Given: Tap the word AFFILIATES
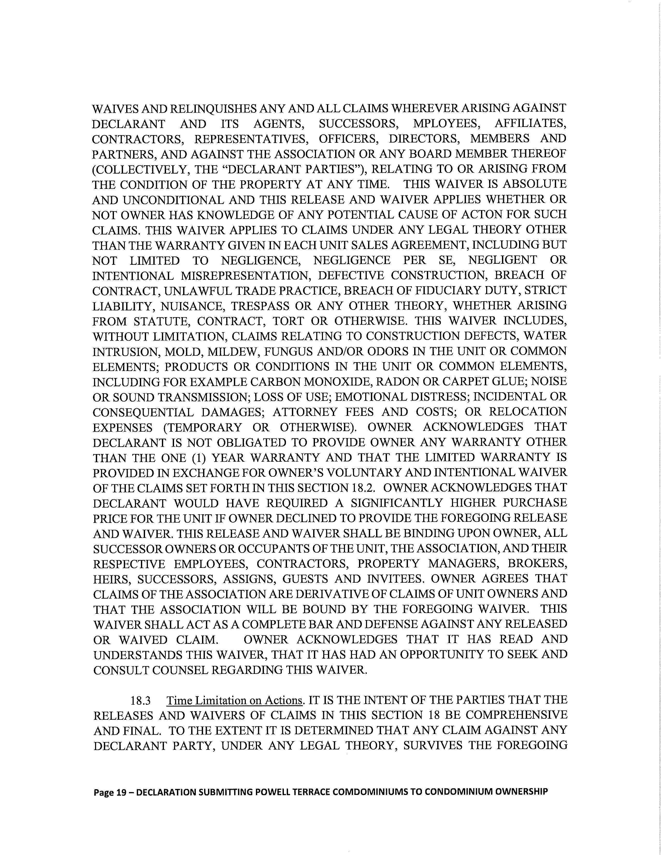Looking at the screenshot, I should pos(530,124).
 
